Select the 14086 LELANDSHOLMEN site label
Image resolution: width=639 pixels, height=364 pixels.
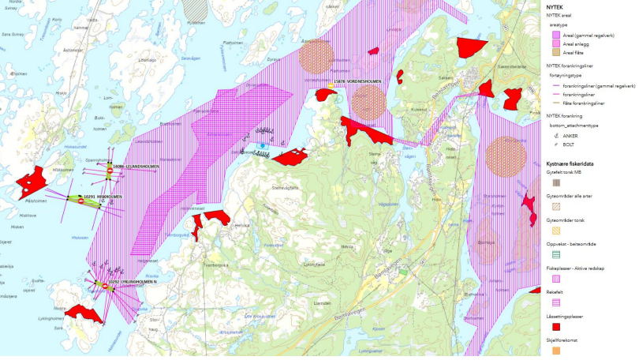(138, 167)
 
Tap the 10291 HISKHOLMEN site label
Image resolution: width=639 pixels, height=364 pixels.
(104, 197)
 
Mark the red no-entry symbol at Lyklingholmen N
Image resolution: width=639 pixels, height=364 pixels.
(104, 286)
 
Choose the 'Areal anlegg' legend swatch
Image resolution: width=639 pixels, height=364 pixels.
(555, 43)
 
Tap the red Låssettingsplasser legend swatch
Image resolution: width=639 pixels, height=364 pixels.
(555, 326)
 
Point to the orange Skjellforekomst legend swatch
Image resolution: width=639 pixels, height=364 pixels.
(555, 351)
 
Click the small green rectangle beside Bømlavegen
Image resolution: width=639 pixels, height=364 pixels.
(403, 271)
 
